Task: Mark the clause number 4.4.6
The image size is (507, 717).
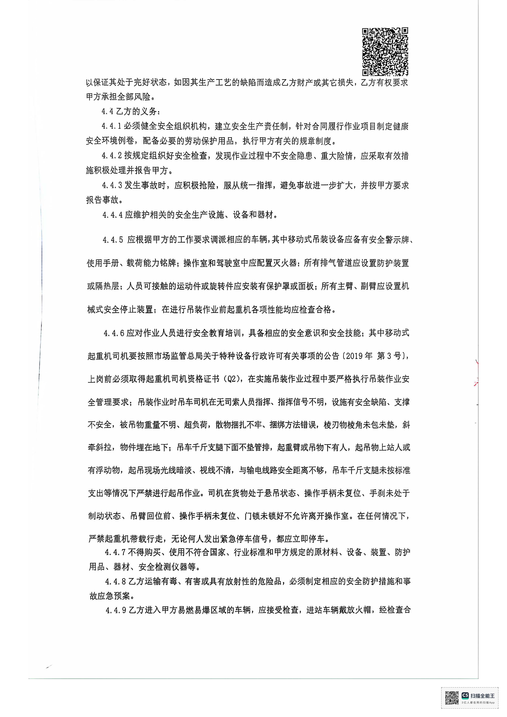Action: point(114,333)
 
